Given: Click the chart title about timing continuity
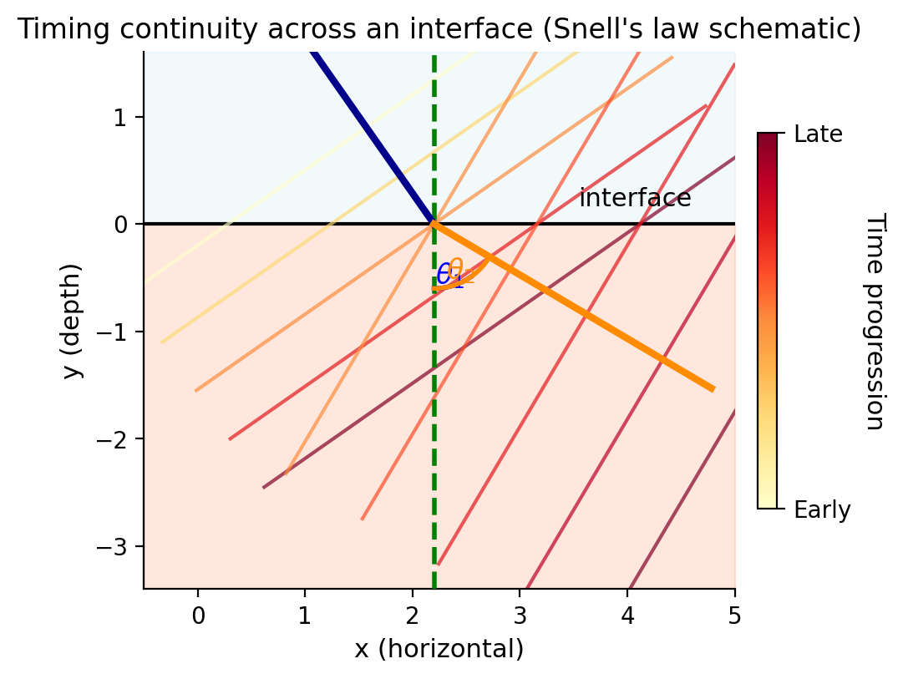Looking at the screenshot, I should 439,29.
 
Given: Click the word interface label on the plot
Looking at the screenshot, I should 635,199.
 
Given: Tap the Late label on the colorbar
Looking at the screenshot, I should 818,134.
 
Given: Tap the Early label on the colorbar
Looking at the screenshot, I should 822,510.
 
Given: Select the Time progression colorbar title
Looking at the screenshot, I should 874,321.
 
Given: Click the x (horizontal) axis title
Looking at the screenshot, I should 439,649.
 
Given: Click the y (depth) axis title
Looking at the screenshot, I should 74,321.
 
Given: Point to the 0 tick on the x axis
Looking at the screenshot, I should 198,616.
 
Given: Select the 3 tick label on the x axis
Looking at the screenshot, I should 520,616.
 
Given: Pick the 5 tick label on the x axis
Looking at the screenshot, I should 735,616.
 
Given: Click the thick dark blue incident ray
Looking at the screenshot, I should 372,138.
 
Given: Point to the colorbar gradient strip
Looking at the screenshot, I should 767,321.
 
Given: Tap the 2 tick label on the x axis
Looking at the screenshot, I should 413,616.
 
